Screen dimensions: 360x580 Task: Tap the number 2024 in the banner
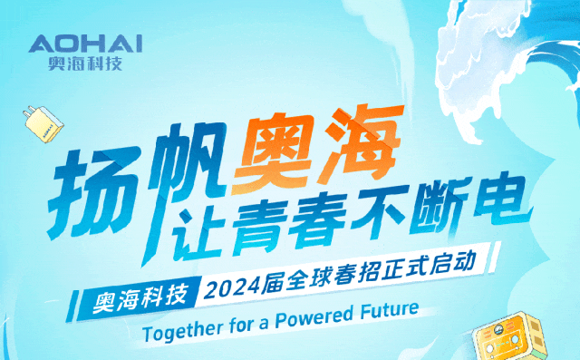click(231, 288)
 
